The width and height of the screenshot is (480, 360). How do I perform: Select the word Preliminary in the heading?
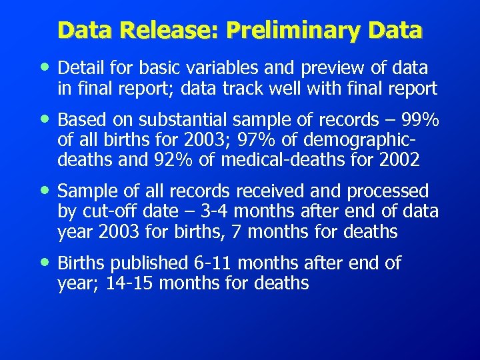point(287,31)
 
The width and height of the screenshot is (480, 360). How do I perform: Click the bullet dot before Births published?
point(44,263)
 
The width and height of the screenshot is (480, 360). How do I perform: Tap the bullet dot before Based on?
point(44,119)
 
